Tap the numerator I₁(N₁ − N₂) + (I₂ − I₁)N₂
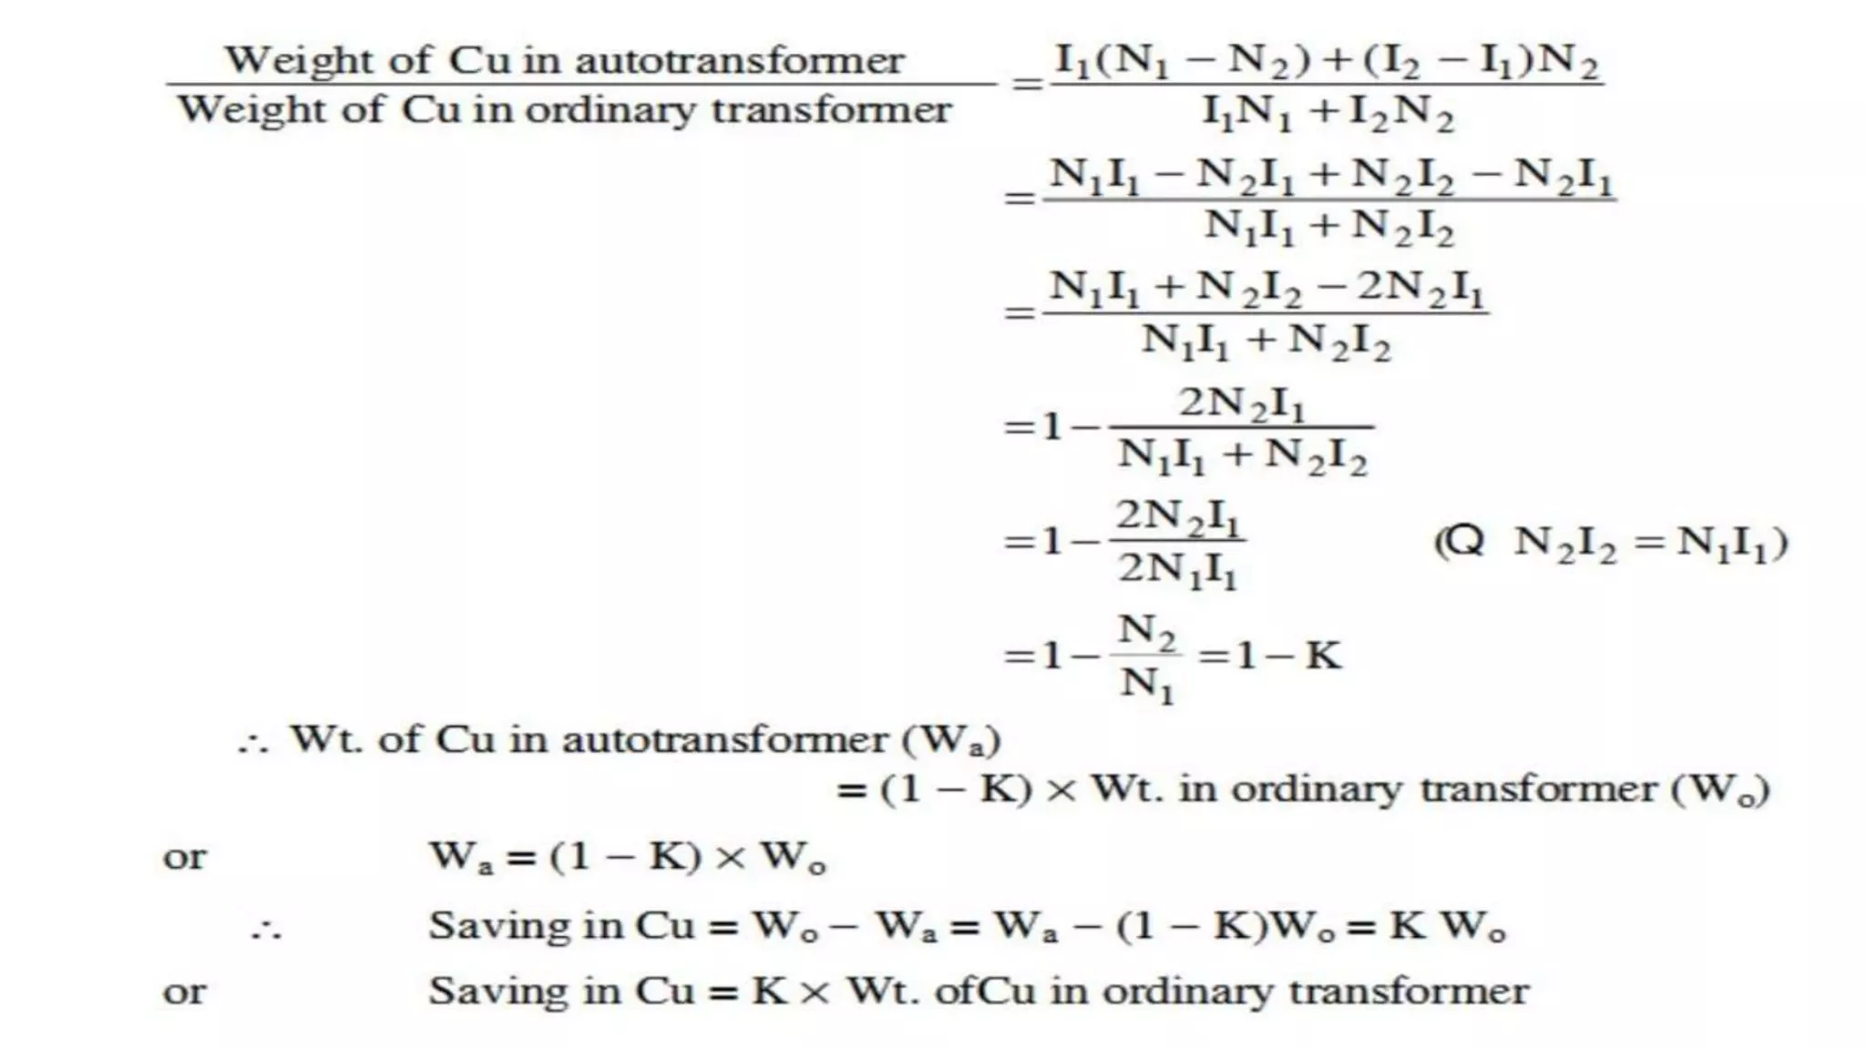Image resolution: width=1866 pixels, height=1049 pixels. click(1327, 61)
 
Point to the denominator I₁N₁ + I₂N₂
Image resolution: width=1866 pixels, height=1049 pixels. click(1328, 113)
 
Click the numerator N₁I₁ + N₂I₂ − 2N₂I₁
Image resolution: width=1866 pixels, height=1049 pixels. click(1266, 289)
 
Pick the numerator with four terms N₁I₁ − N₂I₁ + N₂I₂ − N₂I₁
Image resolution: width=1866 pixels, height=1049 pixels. click(1330, 175)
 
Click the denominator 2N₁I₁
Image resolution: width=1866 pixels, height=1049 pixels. click(1177, 570)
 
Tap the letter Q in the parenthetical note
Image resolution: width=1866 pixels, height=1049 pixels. click(1464, 542)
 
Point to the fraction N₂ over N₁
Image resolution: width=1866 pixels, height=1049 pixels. click(1146, 656)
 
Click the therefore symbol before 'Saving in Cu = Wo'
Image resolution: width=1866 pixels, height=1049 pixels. click(267, 930)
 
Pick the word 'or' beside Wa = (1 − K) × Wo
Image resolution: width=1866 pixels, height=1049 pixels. click(184, 857)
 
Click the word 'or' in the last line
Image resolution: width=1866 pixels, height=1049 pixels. click(184, 992)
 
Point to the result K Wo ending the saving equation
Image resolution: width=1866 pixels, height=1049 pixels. click(1447, 926)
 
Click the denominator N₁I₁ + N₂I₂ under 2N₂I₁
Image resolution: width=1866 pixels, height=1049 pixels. click(1243, 454)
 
